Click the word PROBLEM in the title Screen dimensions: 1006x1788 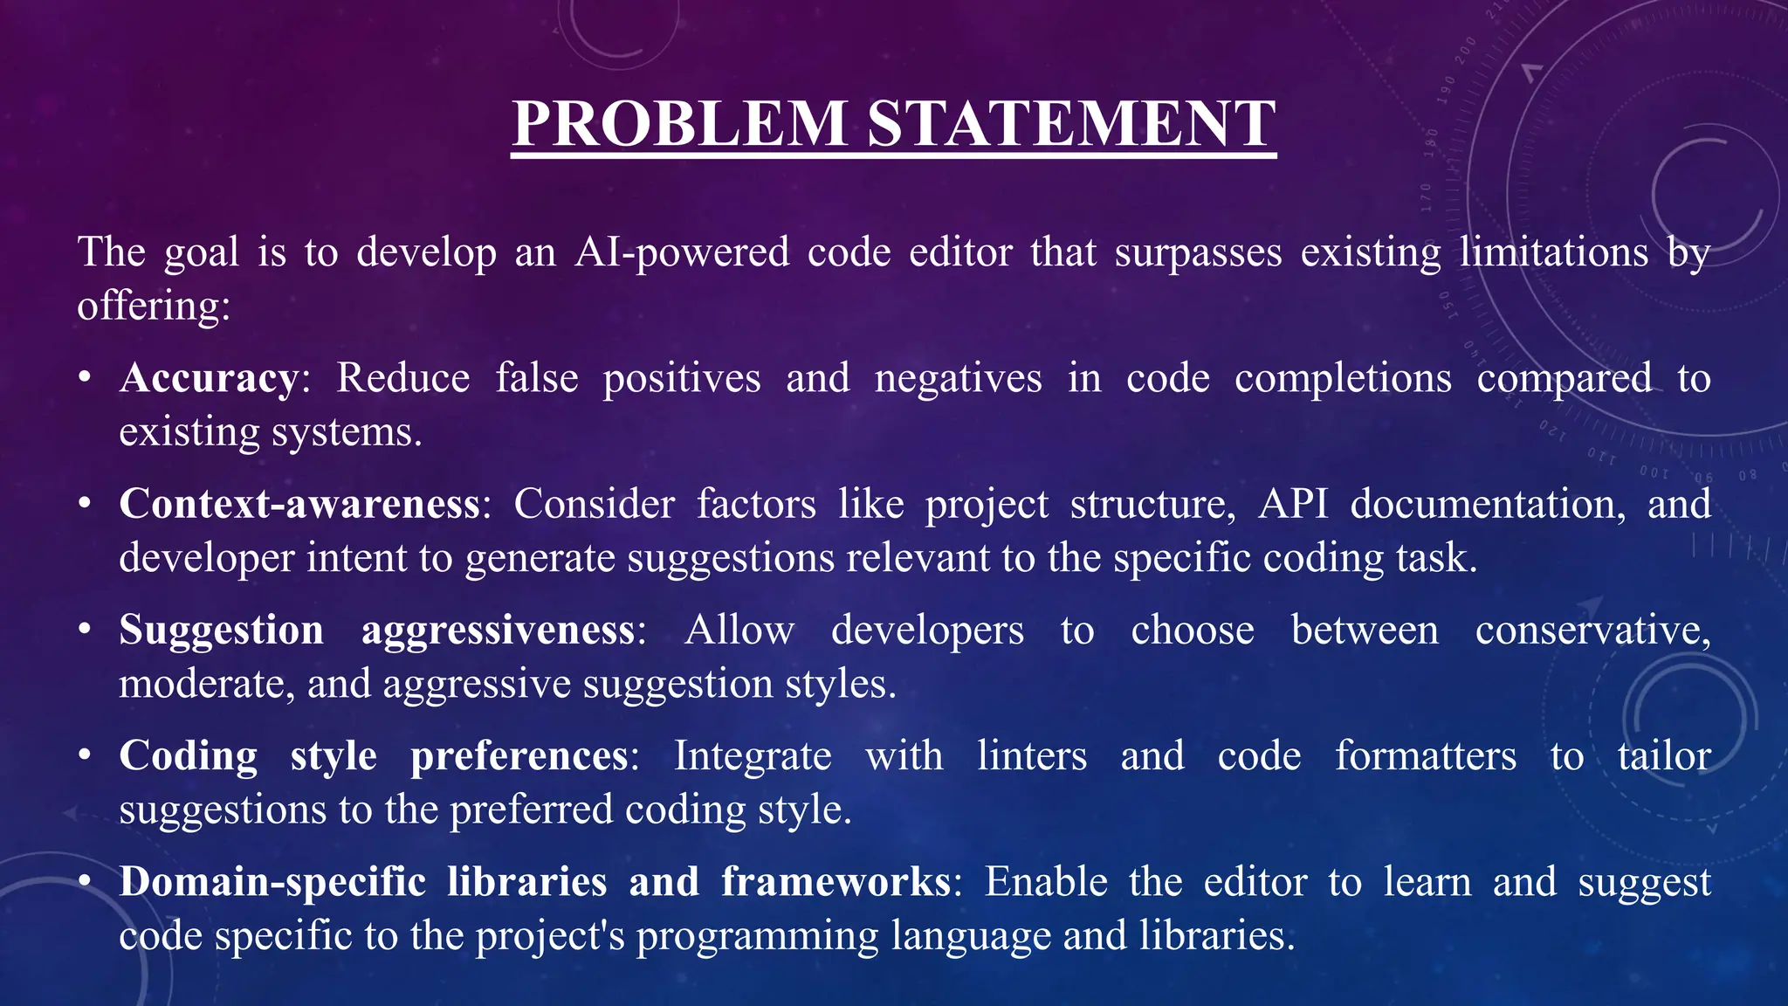pyautogui.click(x=679, y=123)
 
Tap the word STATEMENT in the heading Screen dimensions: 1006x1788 pyautogui.click(x=1071, y=123)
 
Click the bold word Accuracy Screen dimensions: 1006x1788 pyautogui.click(x=210, y=379)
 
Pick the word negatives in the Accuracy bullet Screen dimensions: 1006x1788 pyautogui.click(x=958, y=379)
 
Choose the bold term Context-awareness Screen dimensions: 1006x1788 pyautogui.click(x=299, y=505)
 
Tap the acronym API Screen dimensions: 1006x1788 pyautogui.click(x=1293, y=505)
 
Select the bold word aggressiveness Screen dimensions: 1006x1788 pyautogui.click(x=499, y=630)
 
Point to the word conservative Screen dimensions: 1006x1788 pyautogui.click(x=1592, y=630)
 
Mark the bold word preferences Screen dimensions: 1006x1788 pyautogui.click(x=519, y=756)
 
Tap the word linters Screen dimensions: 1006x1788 pyautogui.click(x=1031, y=756)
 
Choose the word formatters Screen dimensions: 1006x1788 pyautogui.click(x=1425, y=756)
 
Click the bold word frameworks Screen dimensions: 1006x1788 pyautogui.click(x=836, y=882)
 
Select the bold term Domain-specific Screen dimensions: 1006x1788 pyautogui.click(x=272, y=882)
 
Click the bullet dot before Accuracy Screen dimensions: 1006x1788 pyautogui.click(x=85, y=379)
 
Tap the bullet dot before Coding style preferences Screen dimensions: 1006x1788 pyautogui.click(x=85, y=756)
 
